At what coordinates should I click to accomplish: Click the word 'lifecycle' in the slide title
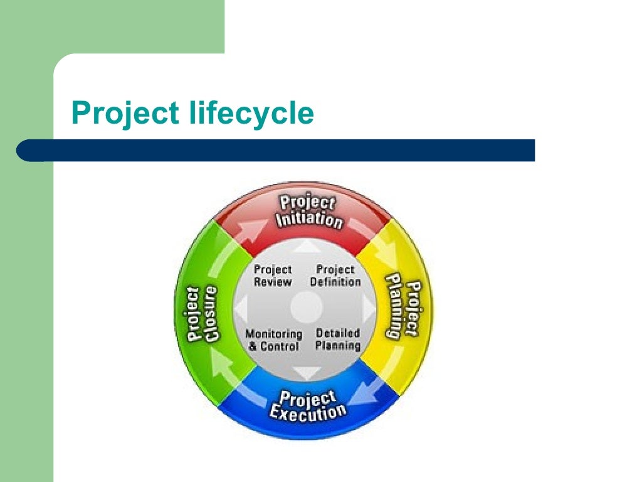coord(251,114)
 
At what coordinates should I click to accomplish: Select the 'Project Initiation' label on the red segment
coord(308,212)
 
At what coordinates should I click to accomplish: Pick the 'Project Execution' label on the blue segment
coord(307,405)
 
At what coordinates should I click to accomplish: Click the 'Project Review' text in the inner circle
coord(273,276)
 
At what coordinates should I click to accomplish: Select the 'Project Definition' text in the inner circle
coord(335,276)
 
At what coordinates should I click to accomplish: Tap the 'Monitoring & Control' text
coord(273,340)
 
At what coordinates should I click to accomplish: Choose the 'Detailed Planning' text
coord(338,340)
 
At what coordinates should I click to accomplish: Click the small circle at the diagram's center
coord(306,308)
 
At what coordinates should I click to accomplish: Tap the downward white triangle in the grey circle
coord(307,372)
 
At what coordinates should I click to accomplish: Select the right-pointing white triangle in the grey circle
coord(369,308)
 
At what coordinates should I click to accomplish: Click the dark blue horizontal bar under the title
coord(276,151)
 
